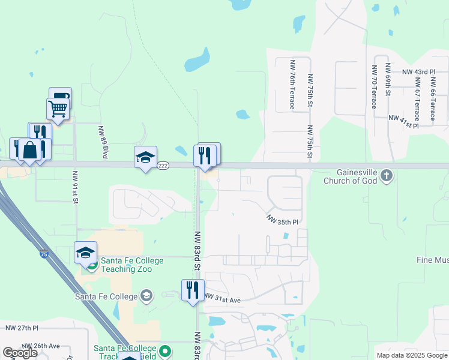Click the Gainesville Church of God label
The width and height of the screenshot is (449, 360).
350,176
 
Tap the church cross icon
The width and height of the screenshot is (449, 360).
387,176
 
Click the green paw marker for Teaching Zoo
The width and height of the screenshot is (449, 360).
92,265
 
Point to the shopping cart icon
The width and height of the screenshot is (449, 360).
58,109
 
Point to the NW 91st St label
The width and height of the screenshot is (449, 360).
75,187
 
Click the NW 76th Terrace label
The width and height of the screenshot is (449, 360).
292,84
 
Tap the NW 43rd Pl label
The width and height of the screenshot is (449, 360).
418,72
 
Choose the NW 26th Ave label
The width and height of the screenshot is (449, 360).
41,346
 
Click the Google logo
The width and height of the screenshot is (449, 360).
20,353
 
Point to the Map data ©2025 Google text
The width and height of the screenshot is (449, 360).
411,355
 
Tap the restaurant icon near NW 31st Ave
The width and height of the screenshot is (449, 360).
193,290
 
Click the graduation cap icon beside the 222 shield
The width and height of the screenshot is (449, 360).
145,157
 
